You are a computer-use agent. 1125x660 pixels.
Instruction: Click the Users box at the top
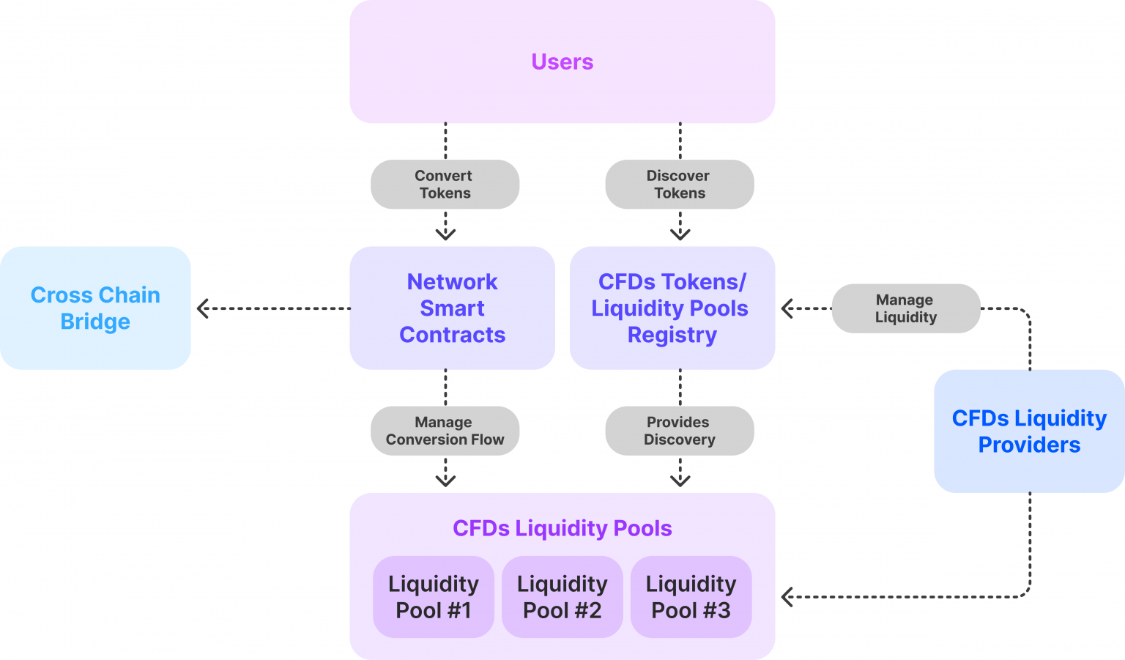tap(562, 62)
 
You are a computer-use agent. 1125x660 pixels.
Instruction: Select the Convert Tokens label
tap(445, 185)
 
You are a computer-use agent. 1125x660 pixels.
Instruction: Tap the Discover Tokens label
tap(679, 185)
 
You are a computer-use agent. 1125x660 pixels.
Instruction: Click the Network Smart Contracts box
tap(452, 308)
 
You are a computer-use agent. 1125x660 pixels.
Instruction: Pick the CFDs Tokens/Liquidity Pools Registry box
tap(672, 308)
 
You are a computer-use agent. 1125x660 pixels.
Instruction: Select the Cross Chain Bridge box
tap(95, 308)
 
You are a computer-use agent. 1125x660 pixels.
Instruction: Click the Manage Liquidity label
tap(905, 308)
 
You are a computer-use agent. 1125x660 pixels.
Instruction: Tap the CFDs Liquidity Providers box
tap(1029, 431)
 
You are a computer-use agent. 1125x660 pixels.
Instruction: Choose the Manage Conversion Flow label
tap(445, 431)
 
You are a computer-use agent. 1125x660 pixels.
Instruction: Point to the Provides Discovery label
tap(679, 431)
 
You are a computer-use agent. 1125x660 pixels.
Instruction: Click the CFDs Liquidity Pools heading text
tap(562, 528)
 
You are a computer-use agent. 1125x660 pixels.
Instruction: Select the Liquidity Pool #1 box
tap(434, 596)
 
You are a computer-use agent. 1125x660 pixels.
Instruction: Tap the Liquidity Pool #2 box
tap(562, 596)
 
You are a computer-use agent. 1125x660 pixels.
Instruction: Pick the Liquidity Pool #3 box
tap(691, 596)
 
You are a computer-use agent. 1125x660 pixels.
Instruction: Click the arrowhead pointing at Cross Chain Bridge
tap(203, 308)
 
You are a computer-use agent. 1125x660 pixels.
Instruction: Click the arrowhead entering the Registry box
tap(787, 308)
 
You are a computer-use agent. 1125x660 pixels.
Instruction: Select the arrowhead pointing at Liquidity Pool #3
tap(787, 597)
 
